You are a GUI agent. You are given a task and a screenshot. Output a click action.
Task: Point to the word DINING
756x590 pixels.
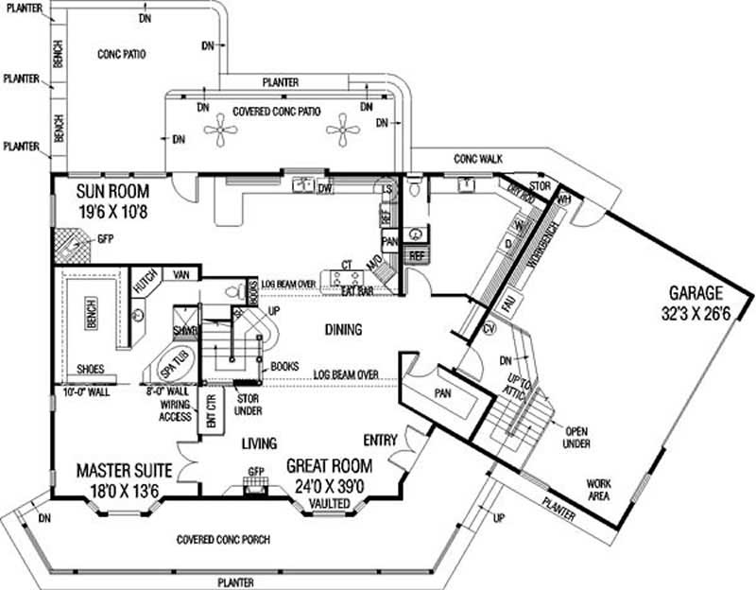point(344,329)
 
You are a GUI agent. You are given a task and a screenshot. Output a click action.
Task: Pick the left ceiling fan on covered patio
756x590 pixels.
point(224,130)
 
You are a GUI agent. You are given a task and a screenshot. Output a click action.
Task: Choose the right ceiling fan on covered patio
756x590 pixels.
point(344,130)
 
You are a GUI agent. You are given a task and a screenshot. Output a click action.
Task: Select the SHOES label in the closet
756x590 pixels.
point(92,370)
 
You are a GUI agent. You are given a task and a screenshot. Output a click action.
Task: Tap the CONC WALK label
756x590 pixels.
point(477,158)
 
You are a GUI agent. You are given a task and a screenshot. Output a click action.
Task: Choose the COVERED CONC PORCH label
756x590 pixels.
point(223,540)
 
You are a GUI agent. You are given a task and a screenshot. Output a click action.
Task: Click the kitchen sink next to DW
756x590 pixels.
point(304,183)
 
